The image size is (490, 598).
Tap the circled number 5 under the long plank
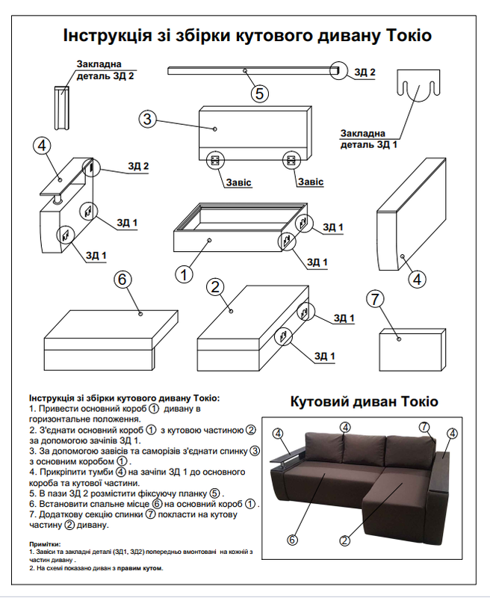click(x=259, y=93)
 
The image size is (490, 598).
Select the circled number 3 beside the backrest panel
click(x=148, y=119)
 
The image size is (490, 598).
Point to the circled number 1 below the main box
click(x=184, y=274)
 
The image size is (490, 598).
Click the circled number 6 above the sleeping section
click(x=122, y=280)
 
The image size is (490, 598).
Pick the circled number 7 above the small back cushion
click(x=376, y=298)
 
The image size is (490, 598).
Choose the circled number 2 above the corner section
click(x=216, y=286)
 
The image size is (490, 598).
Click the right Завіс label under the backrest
click(x=310, y=182)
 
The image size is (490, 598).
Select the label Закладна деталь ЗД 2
click(x=105, y=70)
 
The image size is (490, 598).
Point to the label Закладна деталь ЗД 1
click(x=369, y=138)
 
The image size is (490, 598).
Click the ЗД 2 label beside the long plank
click(x=365, y=73)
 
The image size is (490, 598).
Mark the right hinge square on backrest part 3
click(x=291, y=160)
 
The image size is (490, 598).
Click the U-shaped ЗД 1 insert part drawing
click(x=417, y=88)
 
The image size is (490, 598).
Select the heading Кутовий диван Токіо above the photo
click(x=364, y=401)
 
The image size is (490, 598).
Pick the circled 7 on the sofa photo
click(x=424, y=427)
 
